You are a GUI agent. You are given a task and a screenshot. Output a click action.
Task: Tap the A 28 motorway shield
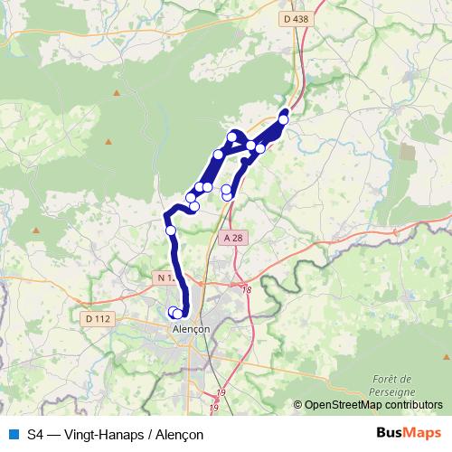click(x=232, y=238)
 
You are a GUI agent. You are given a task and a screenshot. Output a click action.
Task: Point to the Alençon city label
click(x=191, y=330)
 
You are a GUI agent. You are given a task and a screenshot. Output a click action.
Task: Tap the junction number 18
click(x=246, y=289)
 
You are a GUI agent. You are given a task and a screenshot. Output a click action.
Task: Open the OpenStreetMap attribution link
click(x=339, y=405)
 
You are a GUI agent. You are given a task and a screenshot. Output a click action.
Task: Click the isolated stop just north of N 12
click(x=170, y=231)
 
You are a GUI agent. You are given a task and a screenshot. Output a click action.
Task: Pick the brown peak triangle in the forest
click(x=108, y=142)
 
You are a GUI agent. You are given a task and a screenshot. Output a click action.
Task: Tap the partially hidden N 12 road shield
click(x=165, y=278)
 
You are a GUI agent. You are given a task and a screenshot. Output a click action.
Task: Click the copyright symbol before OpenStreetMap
click(x=297, y=405)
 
